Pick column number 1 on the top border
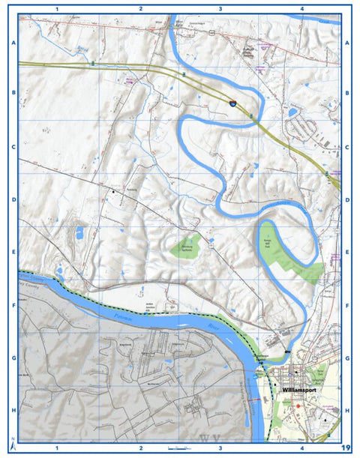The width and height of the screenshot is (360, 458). click(x=57, y=8)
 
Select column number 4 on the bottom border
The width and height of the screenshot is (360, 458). click(x=301, y=448)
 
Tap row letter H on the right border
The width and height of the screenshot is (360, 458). click(x=347, y=411)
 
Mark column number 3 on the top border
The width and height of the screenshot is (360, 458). click(x=220, y=8)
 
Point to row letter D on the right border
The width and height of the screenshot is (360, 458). click(x=347, y=200)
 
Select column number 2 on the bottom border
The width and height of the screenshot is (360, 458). click(x=140, y=448)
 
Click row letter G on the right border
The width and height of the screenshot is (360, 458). click(x=347, y=358)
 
